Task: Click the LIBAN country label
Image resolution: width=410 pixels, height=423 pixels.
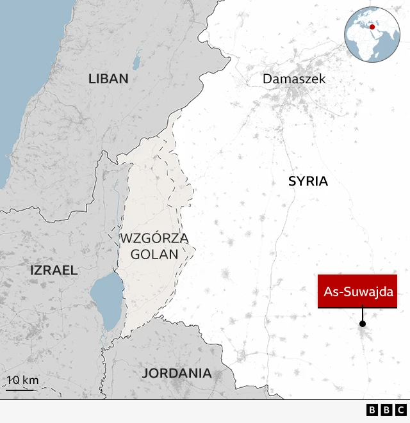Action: point(108,79)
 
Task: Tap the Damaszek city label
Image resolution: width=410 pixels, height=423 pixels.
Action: point(294,79)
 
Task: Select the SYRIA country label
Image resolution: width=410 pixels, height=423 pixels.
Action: point(307,181)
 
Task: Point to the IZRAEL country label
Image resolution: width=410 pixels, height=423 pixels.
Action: point(54,270)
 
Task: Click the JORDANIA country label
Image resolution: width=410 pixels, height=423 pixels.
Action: point(177,373)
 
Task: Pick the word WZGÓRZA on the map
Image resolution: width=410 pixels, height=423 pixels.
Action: point(154,239)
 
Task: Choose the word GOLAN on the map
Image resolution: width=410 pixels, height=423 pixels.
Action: point(154,254)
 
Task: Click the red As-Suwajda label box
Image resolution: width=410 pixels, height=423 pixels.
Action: point(357,291)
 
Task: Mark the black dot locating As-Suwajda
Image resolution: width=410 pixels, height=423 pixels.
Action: point(363,324)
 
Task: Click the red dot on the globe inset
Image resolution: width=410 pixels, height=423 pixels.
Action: point(371,27)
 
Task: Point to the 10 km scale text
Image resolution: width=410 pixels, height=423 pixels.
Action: point(23,380)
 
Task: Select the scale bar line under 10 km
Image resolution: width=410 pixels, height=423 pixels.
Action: point(20,389)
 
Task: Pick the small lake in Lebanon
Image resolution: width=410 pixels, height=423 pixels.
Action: point(136,62)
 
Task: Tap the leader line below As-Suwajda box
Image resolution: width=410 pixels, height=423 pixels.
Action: point(363,315)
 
